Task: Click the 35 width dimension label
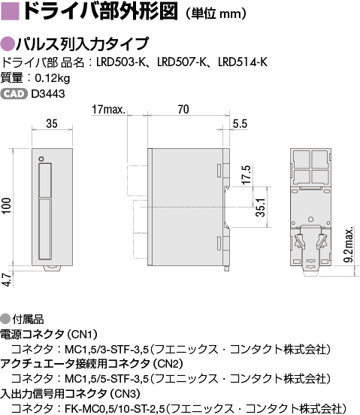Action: point(52,124)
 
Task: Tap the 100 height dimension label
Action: point(6,206)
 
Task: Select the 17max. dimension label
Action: point(108,109)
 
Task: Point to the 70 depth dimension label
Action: point(183,109)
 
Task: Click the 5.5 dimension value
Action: point(240,124)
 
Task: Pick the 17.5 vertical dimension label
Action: point(247,174)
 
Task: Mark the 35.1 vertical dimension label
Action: point(261,207)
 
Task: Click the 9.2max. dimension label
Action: point(349,244)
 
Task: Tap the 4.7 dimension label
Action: point(8,280)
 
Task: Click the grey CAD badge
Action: point(14,94)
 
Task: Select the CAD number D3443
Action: point(48,94)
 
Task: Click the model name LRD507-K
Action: point(181,62)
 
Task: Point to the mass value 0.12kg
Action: point(53,78)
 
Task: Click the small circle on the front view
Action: point(41,159)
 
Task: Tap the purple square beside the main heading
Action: point(10,11)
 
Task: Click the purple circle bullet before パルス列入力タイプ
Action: point(8,44)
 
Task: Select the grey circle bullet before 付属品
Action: point(5,319)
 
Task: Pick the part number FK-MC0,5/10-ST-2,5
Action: point(115,407)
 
